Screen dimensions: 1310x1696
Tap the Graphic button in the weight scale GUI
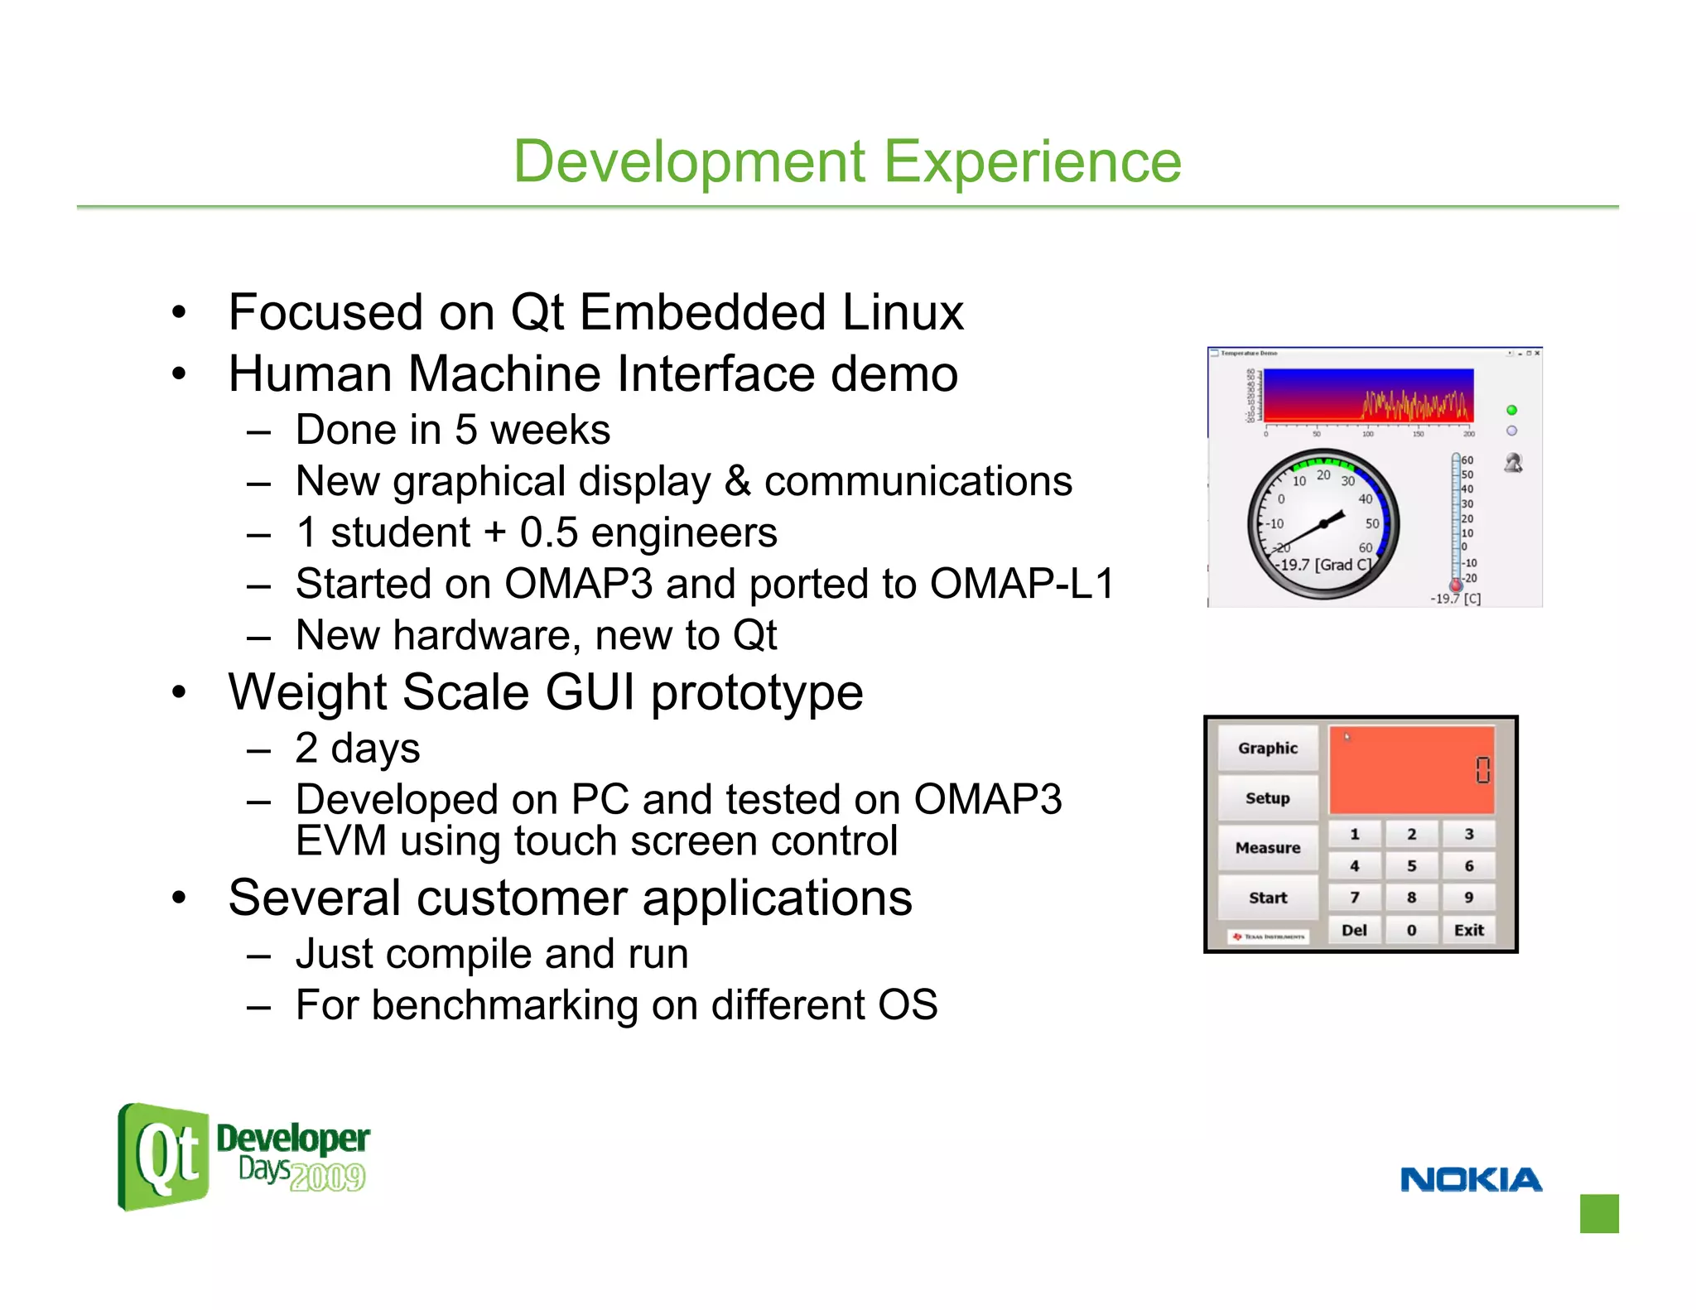point(1267,748)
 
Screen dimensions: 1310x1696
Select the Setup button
point(1267,798)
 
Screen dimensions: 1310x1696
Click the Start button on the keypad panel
point(1267,898)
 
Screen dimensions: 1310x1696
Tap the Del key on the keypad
point(1354,930)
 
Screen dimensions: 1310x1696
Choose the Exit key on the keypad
point(1468,930)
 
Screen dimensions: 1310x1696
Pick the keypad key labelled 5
point(1411,866)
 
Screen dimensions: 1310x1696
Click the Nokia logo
point(1471,1179)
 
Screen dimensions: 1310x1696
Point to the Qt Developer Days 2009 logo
point(243,1157)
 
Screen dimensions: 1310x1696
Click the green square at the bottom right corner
point(1599,1213)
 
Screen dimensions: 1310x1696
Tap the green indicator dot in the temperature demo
point(1511,410)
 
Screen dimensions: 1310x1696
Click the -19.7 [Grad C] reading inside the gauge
point(1323,565)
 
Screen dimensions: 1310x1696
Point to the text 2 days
point(358,748)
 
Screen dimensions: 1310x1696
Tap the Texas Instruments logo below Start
point(1268,937)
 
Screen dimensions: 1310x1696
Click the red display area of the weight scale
point(1411,770)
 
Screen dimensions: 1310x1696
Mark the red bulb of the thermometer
point(1456,585)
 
